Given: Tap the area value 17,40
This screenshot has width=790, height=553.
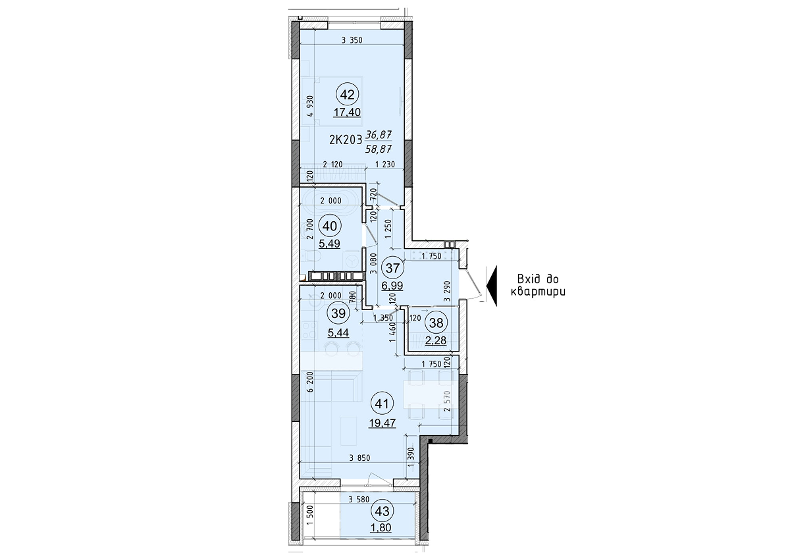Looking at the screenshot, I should (346, 113).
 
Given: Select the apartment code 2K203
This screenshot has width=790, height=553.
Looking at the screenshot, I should (345, 140).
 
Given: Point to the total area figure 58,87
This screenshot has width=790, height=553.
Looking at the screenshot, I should (379, 149).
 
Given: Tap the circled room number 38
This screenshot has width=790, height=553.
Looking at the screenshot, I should (435, 323).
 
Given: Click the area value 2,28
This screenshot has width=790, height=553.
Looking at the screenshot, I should (434, 340).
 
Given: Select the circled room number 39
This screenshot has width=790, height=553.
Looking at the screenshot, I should (338, 314).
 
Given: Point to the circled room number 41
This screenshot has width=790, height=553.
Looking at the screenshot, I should (381, 401).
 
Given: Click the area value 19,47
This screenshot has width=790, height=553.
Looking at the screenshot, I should (382, 423).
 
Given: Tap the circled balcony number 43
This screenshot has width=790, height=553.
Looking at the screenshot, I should (382, 510).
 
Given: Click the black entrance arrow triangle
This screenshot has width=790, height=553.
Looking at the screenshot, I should (490, 284).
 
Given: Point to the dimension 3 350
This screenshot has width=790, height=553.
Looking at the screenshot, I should (352, 41).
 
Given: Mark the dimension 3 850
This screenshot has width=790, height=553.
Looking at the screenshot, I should (361, 458).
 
